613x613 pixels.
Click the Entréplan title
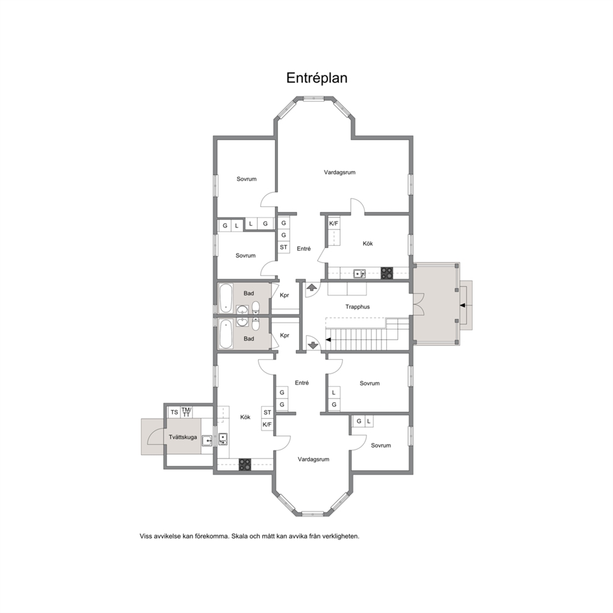pos(316,78)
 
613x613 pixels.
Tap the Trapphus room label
pos(357,307)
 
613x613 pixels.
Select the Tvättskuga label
pos(183,437)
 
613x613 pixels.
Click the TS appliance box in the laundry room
pos(174,412)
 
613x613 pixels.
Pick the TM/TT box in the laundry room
pos(187,412)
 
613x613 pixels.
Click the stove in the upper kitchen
pos(387,273)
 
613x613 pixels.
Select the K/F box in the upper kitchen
pos(334,224)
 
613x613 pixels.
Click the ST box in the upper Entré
pos(284,247)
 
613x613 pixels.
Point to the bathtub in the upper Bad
pos(226,298)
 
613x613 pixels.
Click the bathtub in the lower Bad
pos(226,334)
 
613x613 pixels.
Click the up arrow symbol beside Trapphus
pos(311,288)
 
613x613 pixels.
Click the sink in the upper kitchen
pos(360,274)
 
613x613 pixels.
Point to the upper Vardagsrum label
pos(340,172)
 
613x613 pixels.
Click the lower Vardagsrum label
pos(313,459)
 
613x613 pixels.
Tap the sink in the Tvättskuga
pos(207,441)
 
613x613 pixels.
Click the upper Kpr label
pos(285,295)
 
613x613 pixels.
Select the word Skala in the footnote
pos(240,536)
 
